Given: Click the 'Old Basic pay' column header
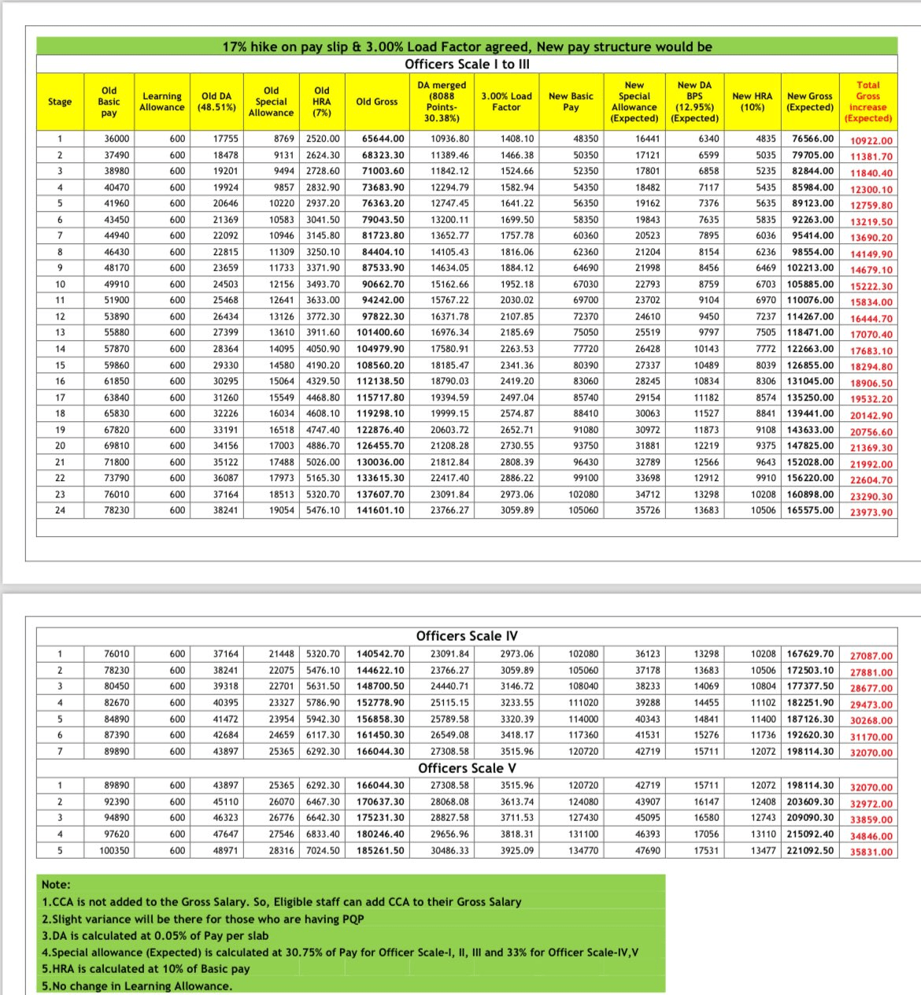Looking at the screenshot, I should pos(109,102).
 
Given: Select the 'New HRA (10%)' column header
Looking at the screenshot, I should pos(752,102).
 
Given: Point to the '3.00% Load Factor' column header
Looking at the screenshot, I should pos(506,102).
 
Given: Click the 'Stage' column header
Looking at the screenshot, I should pos(60,102).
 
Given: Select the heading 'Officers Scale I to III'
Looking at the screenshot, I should pos(467,64).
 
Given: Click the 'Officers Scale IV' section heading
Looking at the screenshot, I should pos(467,636).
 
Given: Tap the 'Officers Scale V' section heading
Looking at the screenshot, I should pos(467,768).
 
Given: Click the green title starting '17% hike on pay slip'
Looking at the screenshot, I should pos(467,46).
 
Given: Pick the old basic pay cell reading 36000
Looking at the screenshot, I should pos(117,139).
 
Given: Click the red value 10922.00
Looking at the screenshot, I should pos(871,141).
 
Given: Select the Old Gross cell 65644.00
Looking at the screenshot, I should pos(383,139).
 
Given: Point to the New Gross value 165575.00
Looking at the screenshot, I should pos(810,510).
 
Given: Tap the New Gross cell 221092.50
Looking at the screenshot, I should pos(810,851).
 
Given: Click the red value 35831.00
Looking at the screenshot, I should pos(871,853).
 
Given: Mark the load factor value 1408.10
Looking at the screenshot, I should pos(516,139).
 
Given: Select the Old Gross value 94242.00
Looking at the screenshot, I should pos(383,300).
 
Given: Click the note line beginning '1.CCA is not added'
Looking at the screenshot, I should pos(281,902).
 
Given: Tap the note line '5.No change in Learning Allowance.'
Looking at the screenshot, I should pos(137,986).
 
